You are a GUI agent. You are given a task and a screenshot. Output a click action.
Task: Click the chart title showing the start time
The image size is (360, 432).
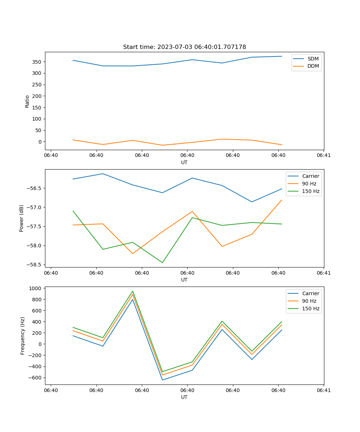click(x=184, y=47)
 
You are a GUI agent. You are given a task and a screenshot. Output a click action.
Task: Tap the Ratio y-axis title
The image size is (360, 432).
click(x=27, y=102)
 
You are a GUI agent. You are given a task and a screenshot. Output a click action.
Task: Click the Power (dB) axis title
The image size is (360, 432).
click(x=22, y=218)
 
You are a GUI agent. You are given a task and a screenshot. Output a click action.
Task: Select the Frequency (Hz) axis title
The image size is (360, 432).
click(x=23, y=336)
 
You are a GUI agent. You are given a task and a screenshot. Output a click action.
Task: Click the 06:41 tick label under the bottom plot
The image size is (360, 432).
click(x=324, y=390)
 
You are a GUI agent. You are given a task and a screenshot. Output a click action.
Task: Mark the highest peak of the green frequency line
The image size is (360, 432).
click(x=132, y=291)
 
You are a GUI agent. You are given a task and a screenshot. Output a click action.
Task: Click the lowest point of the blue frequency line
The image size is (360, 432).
click(x=162, y=380)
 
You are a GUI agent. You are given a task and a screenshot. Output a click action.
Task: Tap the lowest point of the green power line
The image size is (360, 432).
click(x=162, y=262)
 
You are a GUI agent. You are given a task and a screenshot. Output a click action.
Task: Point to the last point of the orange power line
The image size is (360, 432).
click(x=282, y=200)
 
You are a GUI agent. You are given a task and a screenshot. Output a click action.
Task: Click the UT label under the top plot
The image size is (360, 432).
click(x=184, y=162)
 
